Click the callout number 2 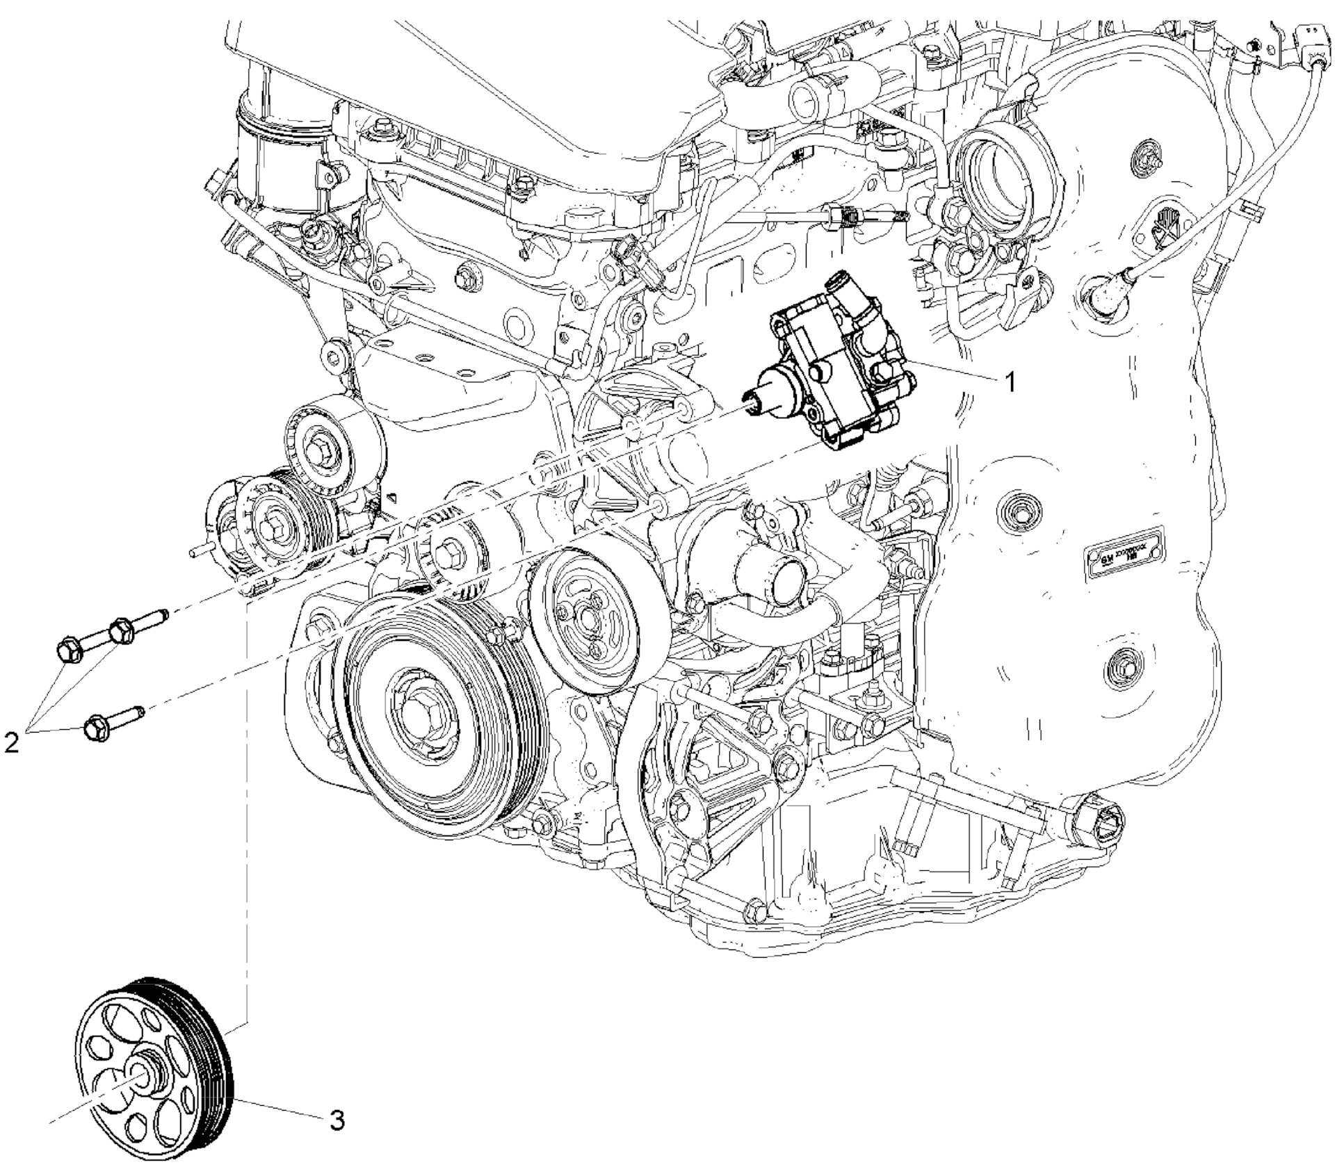coord(12,743)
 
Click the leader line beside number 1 coord(960,373)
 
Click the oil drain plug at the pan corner coord(1099,821)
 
